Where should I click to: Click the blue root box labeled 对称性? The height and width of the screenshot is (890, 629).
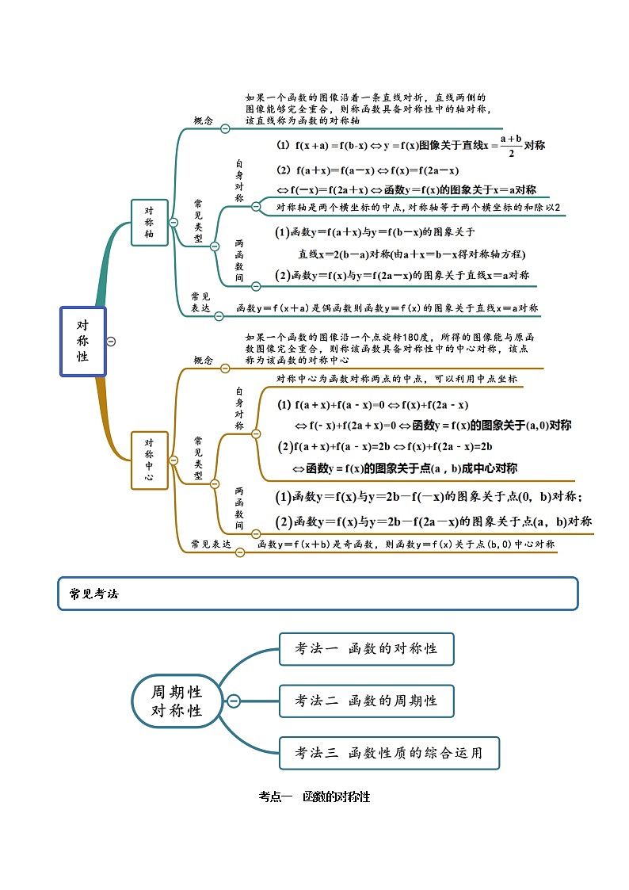pyautogui.click(x=82, y=341)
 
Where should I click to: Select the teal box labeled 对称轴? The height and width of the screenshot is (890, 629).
pyautogui.click(x=149, y=223)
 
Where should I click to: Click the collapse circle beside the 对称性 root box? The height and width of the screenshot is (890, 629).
pyautogui.click(x=111, y=342)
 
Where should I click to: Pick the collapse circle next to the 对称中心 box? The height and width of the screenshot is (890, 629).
pyautogui.click(x=173, y=460)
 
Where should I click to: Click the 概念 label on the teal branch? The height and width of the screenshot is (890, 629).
pyautogui.click(x=204, y=120)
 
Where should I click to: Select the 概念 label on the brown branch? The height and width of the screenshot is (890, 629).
pyautogui.click(x=204, y=361)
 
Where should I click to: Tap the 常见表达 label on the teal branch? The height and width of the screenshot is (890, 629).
pyautogui.click(x=200, y=302)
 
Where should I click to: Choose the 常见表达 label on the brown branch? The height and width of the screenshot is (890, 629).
pyautogui.click(x=210, y=544)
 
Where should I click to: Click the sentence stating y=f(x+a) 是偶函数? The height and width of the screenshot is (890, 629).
pyautogui.click(x=387, y=307)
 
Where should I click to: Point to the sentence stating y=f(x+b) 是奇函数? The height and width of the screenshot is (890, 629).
pyautogui.click(x=406, y=544)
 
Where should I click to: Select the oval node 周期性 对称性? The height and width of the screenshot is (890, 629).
pyautogui.click(x=177, y=701)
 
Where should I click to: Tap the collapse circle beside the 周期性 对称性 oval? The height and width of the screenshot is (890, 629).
pyautogui.click(x=234, y=701)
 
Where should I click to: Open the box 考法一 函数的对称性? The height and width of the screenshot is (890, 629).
pyautogui.click(x=366, y=648)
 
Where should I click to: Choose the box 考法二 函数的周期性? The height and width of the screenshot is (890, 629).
pyautogui.click(x=366, y=701)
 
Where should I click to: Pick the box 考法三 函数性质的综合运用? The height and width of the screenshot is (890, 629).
pyautogui.click(x=389, y=753)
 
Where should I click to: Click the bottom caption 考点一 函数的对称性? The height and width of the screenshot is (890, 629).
pyautogui.click(x=314, y=796)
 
